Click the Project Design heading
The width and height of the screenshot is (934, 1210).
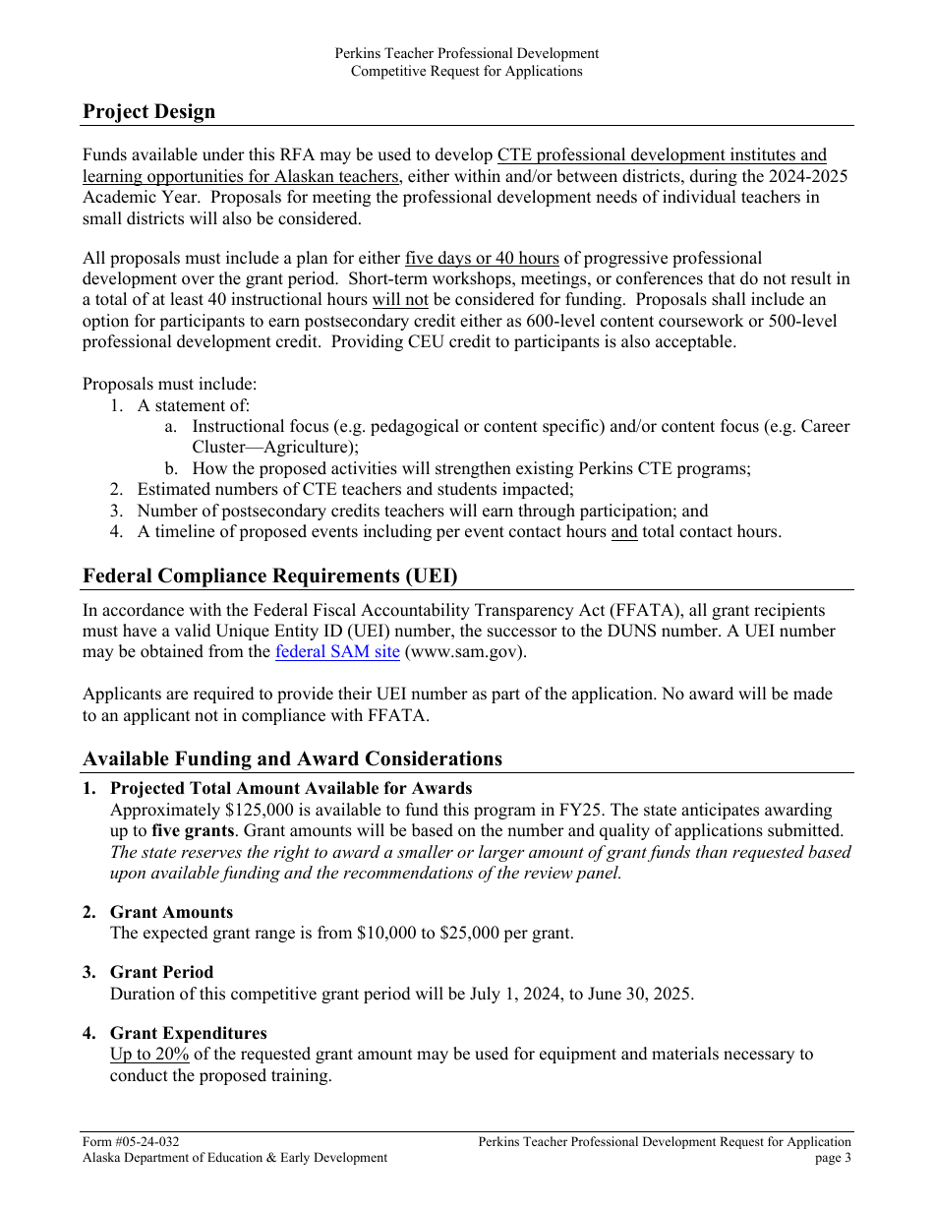pyautogui.click(x=148, y=111)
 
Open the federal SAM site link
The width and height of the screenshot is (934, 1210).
pyautogui.click(x=337, y=651)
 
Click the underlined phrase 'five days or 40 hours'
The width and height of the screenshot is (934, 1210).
pyautogui.click(x=482, y=258)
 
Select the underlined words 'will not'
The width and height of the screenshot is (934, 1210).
pyautogui.click(x=400, y=300)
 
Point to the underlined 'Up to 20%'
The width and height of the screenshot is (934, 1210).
pyautogui.click(x=149, y=1054)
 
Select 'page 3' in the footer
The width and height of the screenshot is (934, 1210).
pyautogui.click(x=833, y=1158)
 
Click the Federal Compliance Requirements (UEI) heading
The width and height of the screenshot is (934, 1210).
pyautogui.click(x=269, y=575)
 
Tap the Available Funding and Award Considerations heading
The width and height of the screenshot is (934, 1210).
pyautogui.click(x=292, y=758)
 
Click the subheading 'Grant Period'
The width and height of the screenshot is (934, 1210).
pyautogui.click(x=161, y=972)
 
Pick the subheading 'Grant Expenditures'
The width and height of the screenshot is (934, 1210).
pyautogui.click(x=188, y=1033)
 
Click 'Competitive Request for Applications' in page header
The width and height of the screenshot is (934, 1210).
pyautogui.click(x=466, y=71)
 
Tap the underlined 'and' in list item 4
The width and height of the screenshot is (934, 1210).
pyautogui.click(x=624, y=532)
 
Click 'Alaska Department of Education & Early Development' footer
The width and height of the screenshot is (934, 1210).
pyautogui.click(x=235, y=1158)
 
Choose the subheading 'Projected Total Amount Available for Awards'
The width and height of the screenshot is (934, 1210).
pyautogui.click(x=291, y=788)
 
